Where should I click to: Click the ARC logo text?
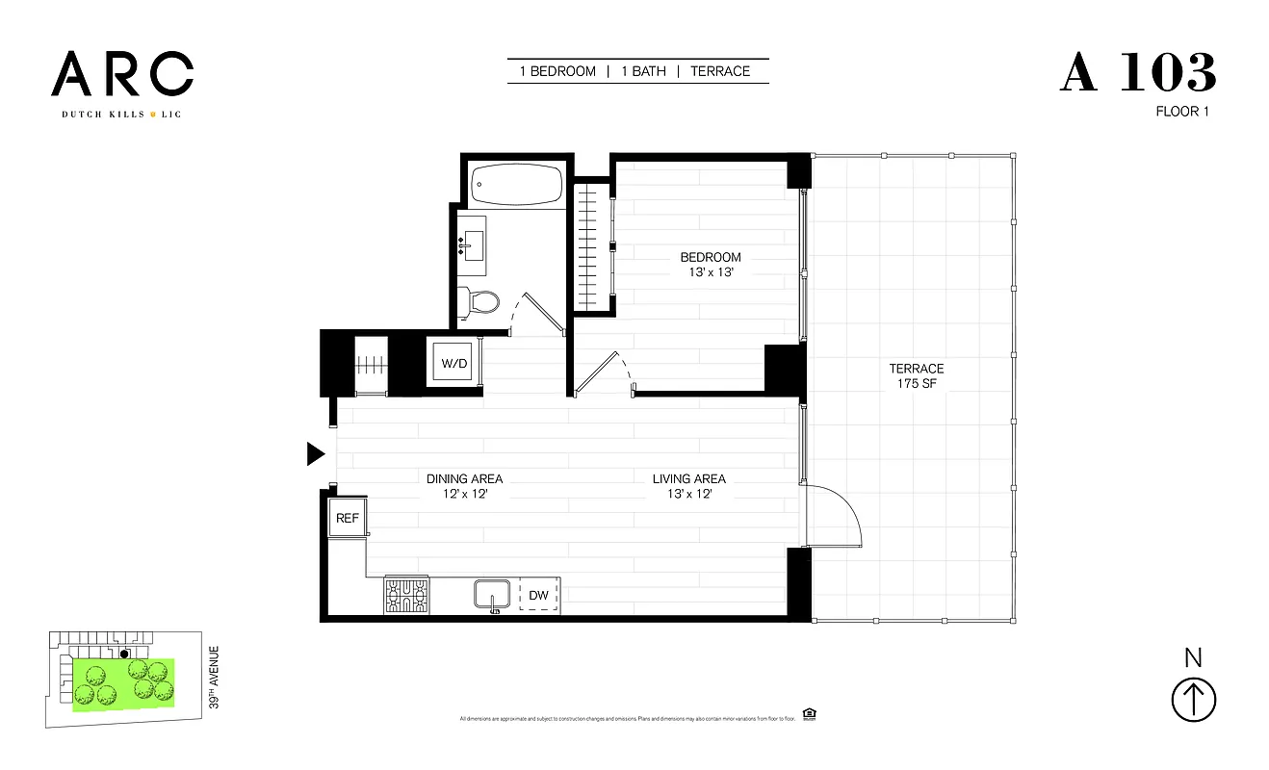122,75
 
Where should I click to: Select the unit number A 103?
1138,73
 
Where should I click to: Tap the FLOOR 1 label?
1181,112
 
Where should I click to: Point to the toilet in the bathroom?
479,302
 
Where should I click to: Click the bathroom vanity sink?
472,242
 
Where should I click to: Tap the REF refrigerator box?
347,518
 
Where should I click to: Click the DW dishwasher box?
538,596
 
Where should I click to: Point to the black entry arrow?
315,454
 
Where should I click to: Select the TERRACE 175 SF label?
916,376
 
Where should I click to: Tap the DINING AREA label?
464,486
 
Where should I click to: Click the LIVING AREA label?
688,486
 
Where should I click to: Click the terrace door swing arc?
841,510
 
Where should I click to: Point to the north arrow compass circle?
1193,699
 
